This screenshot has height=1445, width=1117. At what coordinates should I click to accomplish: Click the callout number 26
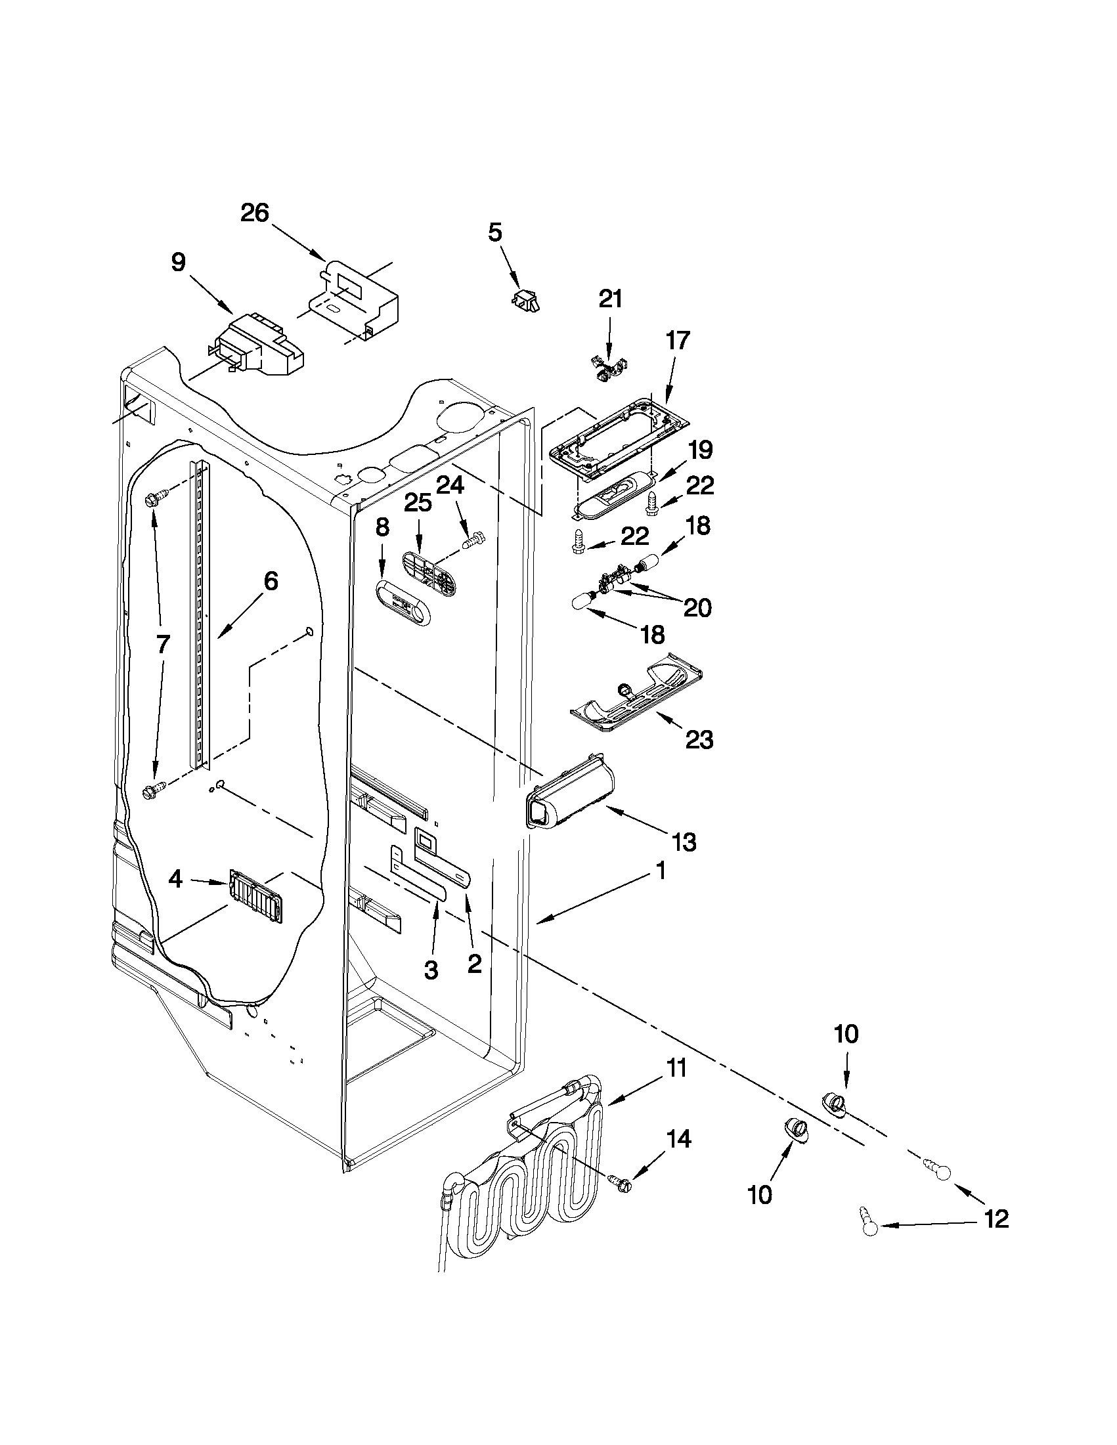255,213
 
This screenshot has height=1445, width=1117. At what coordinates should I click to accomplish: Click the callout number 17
678,340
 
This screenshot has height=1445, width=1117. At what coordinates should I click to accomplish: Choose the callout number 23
699,739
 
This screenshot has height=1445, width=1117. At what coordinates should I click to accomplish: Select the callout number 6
270,581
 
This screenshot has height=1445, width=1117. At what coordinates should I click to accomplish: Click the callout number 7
162,644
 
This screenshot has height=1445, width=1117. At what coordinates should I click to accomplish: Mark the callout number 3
430,970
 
